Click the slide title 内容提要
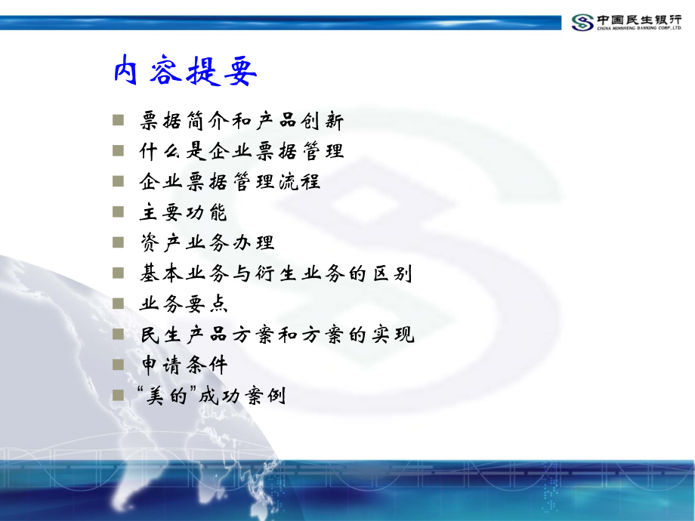tap(186, 72)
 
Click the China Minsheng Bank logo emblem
tap(582, 22)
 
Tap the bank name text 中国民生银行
tap(639, 18)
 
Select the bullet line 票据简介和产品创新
tap(242, 121)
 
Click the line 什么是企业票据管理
tap(242, 151)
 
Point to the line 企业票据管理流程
tap(230, 182)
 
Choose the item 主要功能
tap(184, 213)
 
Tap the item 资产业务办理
tap(207, 243)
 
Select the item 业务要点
tap(184, 304)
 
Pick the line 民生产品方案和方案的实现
tap(277, 334)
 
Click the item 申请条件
tap(184, 365)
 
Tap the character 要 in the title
tap(240, 72)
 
